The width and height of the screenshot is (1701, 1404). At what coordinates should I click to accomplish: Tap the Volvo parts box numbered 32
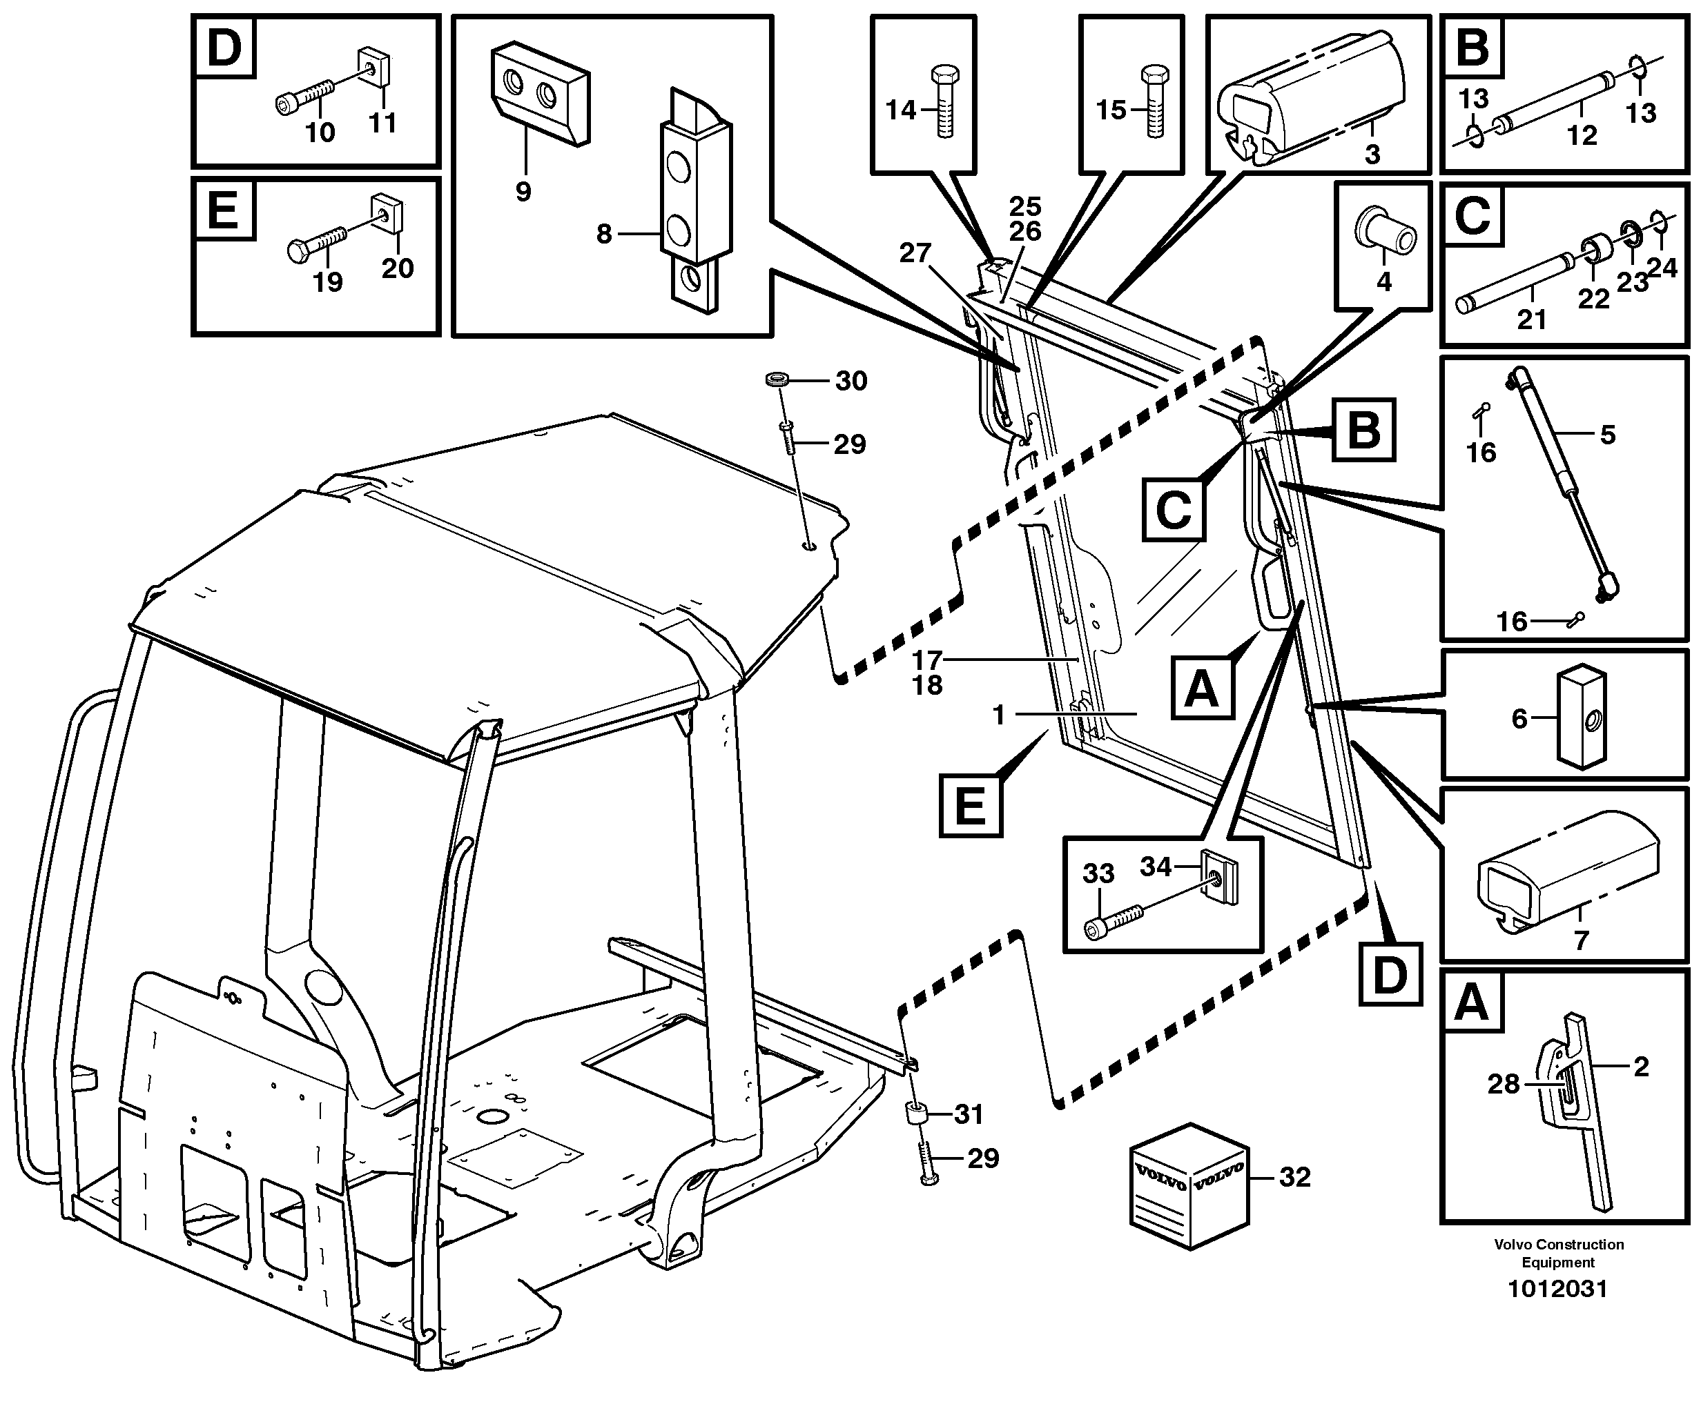pos(1189,1185)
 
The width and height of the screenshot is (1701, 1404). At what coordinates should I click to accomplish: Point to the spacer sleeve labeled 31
pos(916,1116)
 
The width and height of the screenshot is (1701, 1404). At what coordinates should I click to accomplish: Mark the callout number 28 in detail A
pos(1504,1083)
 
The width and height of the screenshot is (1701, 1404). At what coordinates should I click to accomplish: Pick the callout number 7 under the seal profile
pos(1580,940)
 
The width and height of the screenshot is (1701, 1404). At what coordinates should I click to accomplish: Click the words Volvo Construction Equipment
pos(1558,1253)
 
